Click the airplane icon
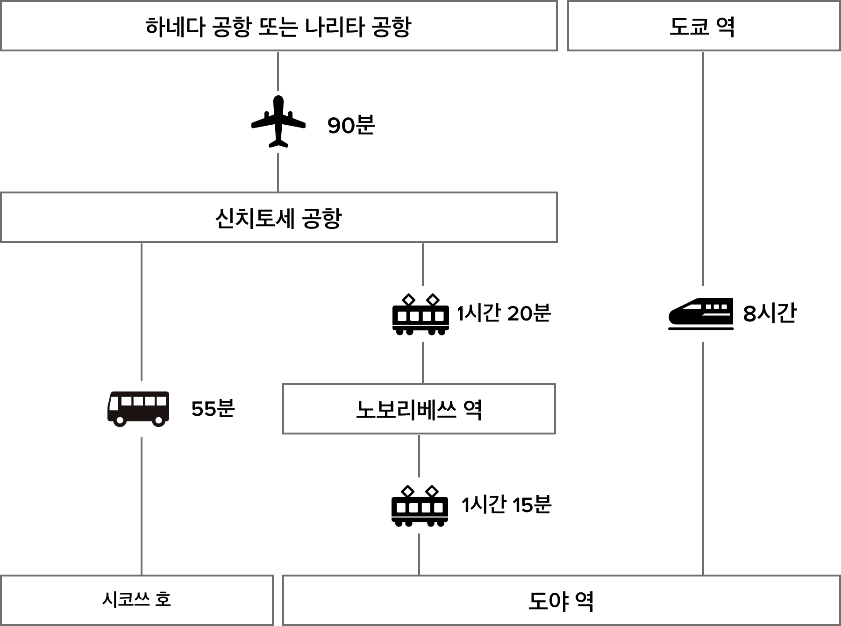point(278,121)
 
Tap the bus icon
point(138,409)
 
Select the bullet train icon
point(701,314)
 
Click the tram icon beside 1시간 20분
point(420,314)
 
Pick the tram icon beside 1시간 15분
point(420,505)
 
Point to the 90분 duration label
point(351,125)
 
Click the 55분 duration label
point(213,409)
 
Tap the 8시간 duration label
point(770,313)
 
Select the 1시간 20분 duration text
point(504,313)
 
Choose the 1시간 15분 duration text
point(506,505)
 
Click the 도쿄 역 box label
point(702,27)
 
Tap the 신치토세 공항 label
point(278,219)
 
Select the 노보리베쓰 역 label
point(419,410)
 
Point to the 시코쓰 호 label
point(136,599)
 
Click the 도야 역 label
point(561,601)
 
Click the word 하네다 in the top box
point(175,27)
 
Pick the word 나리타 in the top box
point(335,27)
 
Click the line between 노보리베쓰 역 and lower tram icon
point(419,455)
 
